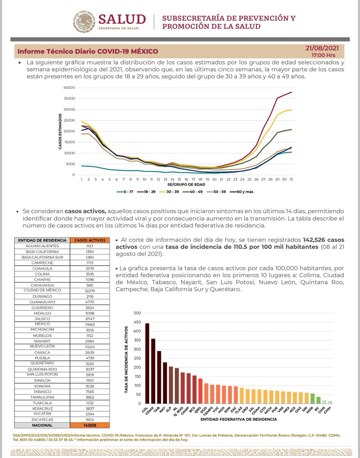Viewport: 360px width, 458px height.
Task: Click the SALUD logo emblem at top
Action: [x=84, y=21]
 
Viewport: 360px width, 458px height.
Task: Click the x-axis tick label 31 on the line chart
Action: [x=291, y=179]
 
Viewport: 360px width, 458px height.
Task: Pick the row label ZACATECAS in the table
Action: [x=42, y=419]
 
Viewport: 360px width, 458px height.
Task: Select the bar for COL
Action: [x=147, y=363]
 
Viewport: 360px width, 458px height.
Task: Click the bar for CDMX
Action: [x=153, y=371]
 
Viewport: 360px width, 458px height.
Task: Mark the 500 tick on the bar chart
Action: [x=137, y=313]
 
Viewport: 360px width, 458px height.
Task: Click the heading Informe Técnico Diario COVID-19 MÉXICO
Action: [x=88, y=52]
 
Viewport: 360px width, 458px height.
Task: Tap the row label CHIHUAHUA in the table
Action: [x=42, y=285]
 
